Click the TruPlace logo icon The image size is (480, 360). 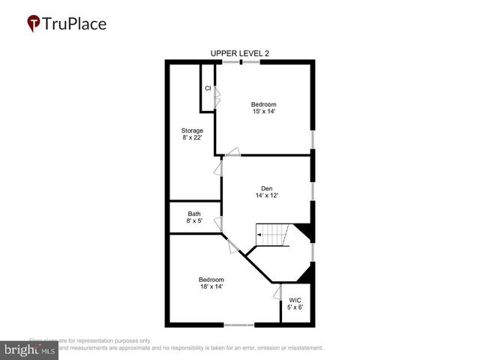point(34,23)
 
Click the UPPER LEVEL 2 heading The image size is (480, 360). point(240,52)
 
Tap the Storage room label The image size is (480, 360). point(192,130)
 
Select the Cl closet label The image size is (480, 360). point(208,88)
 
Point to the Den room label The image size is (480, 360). point(266,188)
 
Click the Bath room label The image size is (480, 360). point(194,214)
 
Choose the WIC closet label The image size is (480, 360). point(295,300)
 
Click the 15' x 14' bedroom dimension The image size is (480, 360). point(264,111)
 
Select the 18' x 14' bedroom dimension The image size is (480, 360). point(211,286)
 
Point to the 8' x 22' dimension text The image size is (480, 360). point(192,138)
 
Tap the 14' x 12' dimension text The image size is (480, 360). point(266,196)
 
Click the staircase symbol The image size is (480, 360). point(274,235)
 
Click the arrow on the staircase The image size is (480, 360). point(259,235)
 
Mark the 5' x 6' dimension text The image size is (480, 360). point(295,307)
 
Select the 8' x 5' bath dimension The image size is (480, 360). point(194,221)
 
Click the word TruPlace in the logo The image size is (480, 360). point(75,23)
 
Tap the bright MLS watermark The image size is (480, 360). point(30,350)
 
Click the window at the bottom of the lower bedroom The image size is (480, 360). point(239,325)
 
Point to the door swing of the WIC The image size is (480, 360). point(277,292)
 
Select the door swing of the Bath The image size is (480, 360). point(218,223)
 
